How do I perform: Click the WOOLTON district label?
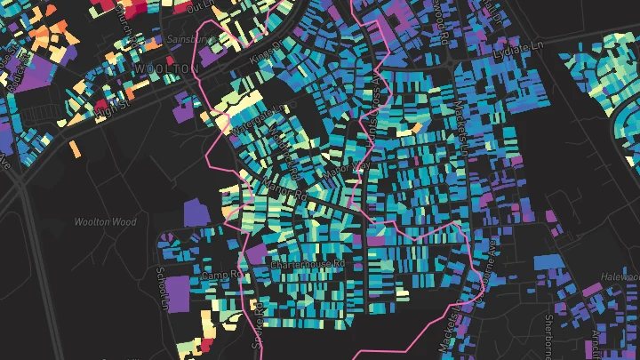(x=165, y=68)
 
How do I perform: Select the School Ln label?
(x=161, y=289)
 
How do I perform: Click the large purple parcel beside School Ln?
(x=179, y=292)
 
